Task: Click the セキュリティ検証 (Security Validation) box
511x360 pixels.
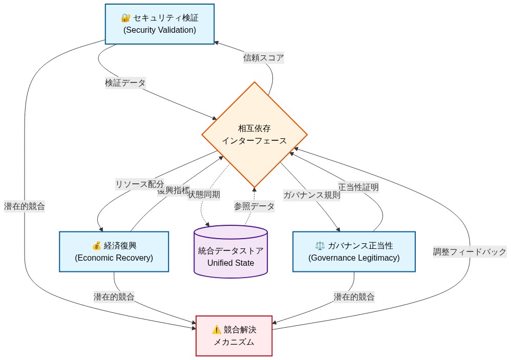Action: click(x=159, y=24)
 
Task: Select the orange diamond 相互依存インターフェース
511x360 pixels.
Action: click(x=254, y=135)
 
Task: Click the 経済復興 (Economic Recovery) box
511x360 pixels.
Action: click(x=114, y=251)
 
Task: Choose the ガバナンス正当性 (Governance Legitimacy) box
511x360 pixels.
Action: click(x=354, y=251)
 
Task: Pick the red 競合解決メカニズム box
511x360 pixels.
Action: click(x=234, y=336)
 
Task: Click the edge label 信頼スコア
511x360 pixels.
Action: click(x=263, y=58)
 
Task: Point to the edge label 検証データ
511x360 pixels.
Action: click(x=125, y=82)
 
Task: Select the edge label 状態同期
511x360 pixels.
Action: click(x=205, y=194)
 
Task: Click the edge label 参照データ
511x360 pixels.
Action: click(x=254, y=206)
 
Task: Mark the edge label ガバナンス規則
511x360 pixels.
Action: click(x=311, y=195)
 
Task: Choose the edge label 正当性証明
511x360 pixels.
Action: click(x=358, y=187)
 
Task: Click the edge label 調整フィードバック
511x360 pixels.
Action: click(x=470, y=251)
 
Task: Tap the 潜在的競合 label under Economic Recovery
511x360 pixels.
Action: click(x=114, y=297)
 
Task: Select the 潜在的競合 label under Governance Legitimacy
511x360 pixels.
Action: click(x=354, y=297)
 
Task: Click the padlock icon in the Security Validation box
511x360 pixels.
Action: click(x=125, y=18)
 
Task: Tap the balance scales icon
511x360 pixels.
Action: click(x=320, y=245)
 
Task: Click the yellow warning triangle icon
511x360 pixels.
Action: click(x=216, y=330)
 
